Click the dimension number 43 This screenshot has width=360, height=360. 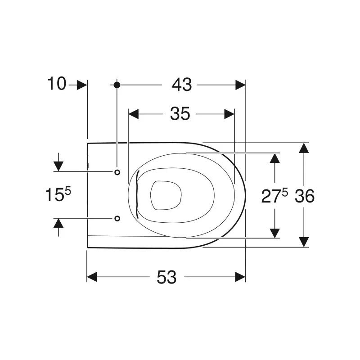point(182,85)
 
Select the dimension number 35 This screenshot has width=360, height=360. point(180,114)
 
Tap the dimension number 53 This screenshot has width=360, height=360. point(166,277)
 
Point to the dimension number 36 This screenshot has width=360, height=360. point(305,196)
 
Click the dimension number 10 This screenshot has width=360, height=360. point(57,84)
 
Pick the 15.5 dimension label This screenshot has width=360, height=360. point(58,194)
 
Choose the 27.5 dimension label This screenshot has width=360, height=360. point(274,196)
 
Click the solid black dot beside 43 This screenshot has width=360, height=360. point(117,85)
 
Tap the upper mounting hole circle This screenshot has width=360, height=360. point(117,172)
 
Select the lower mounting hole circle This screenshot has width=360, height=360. point(117,218)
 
